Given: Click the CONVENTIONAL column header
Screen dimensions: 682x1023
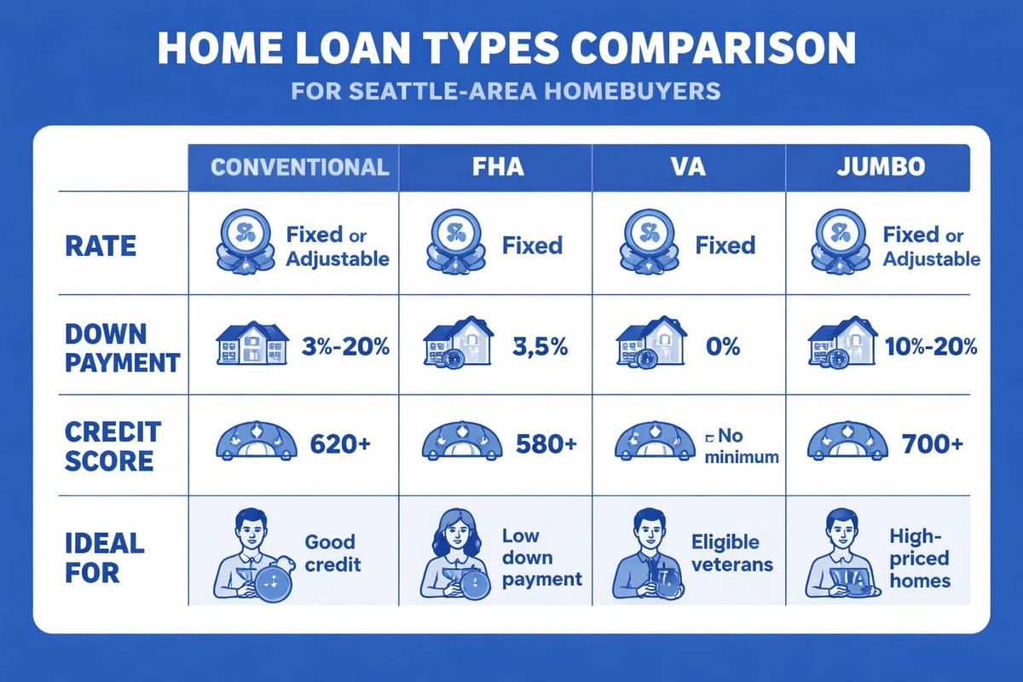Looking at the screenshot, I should (298, 165).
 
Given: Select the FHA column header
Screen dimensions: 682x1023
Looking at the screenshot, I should (498, 165).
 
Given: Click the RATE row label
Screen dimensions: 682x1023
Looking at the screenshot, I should (101, 246).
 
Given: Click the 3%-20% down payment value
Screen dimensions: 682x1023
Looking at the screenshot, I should (344, 348).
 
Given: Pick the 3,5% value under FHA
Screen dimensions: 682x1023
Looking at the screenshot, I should (534, 348).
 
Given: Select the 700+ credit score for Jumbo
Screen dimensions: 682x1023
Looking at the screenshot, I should (933, 444).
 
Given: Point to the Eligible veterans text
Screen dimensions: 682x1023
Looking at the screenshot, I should (731, 553).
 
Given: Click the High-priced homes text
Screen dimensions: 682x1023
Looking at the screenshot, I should (920, 558).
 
